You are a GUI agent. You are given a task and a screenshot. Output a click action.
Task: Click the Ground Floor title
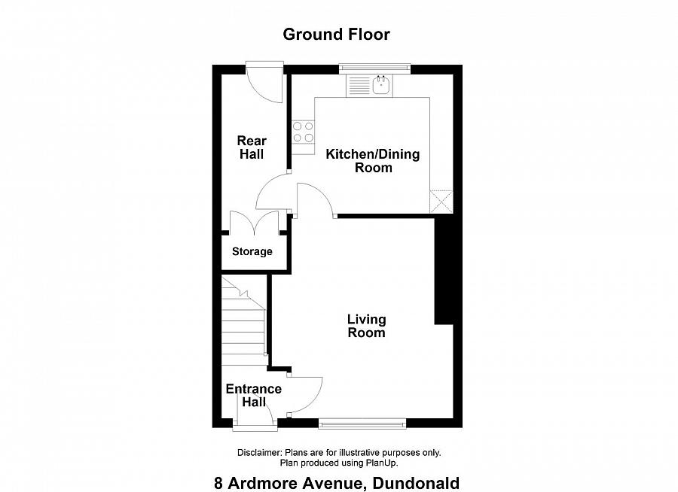(336, 34)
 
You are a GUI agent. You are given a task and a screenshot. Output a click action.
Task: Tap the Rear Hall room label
(252, 147)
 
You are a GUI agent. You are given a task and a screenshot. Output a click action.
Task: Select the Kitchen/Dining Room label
(372, 161)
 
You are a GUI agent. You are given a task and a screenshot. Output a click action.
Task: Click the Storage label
(252, 251)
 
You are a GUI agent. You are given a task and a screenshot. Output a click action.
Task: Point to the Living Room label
(366, 326)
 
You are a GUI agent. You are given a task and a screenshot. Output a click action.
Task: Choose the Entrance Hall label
(254, 396)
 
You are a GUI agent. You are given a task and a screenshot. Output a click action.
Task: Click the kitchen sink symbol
(382, 85)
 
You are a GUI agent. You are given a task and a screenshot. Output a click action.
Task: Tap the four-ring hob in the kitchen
(304, 132)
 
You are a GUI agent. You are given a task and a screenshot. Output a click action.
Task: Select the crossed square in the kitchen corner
(441, 202)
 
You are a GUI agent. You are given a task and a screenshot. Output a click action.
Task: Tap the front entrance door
(255, 426)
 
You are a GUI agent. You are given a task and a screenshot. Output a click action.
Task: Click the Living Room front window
(362, 424)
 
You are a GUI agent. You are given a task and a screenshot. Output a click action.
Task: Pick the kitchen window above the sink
(374, 69)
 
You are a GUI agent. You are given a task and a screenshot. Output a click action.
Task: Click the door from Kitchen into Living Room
(315, 199)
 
